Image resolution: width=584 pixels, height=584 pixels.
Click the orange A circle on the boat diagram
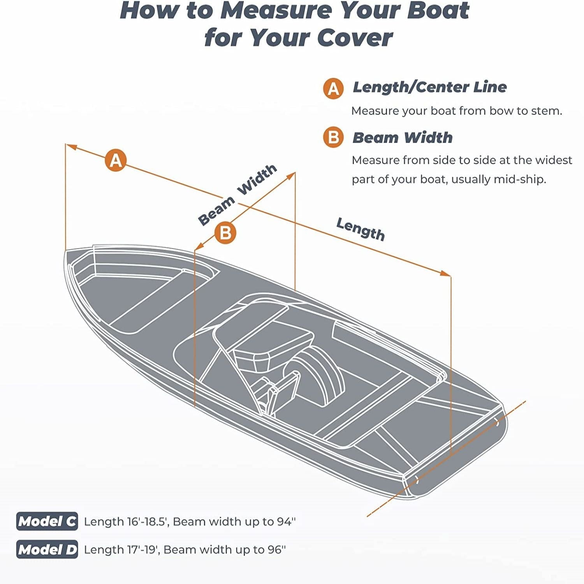(x=116, y=160)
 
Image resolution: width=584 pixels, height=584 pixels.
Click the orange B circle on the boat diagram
(x=225, y=233)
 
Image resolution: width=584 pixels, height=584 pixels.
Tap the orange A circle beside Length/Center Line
(x=333, y=88)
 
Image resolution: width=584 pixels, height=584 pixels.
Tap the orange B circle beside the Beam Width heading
(x=333, y=137)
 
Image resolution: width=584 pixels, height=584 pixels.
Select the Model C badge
(x=47, y=521)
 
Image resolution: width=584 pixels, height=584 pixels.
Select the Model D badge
(x=47, y=549)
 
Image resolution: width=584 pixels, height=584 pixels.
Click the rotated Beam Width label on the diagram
(x=237, y=195)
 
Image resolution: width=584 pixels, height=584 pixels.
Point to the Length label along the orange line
(x=361, y=229)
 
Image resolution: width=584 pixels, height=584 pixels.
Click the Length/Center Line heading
(x=429, y=87)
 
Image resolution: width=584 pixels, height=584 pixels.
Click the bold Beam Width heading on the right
(x=402, y=138)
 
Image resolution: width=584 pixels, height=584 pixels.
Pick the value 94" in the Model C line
(x=287, y=521)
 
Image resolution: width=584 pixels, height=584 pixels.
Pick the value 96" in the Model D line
(x=276, y=549)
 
